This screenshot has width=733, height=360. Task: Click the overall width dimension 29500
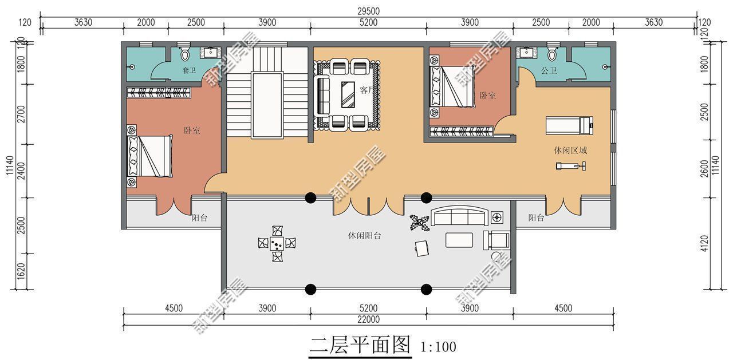click(368, 11)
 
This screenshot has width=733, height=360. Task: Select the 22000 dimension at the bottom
click(368, 319)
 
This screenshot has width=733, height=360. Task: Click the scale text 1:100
click(438, 346)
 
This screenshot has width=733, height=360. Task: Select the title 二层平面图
click(360, 345)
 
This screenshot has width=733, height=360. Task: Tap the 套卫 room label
click(189, 70)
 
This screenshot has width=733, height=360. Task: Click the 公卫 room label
click(549, 70)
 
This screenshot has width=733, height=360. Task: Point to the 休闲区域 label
click(570, 151)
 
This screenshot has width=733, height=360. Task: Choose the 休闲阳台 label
click(365, 235)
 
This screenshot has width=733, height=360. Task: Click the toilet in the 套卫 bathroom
click(185, 53)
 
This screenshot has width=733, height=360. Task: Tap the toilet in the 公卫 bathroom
click(552, 53)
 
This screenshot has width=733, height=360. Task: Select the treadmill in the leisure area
click(569, 123)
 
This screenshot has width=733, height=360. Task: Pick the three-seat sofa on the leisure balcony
click(459, 217)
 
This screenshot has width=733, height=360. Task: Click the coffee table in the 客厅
click(348, 94)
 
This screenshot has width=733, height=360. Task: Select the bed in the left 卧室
click(149, 156)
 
